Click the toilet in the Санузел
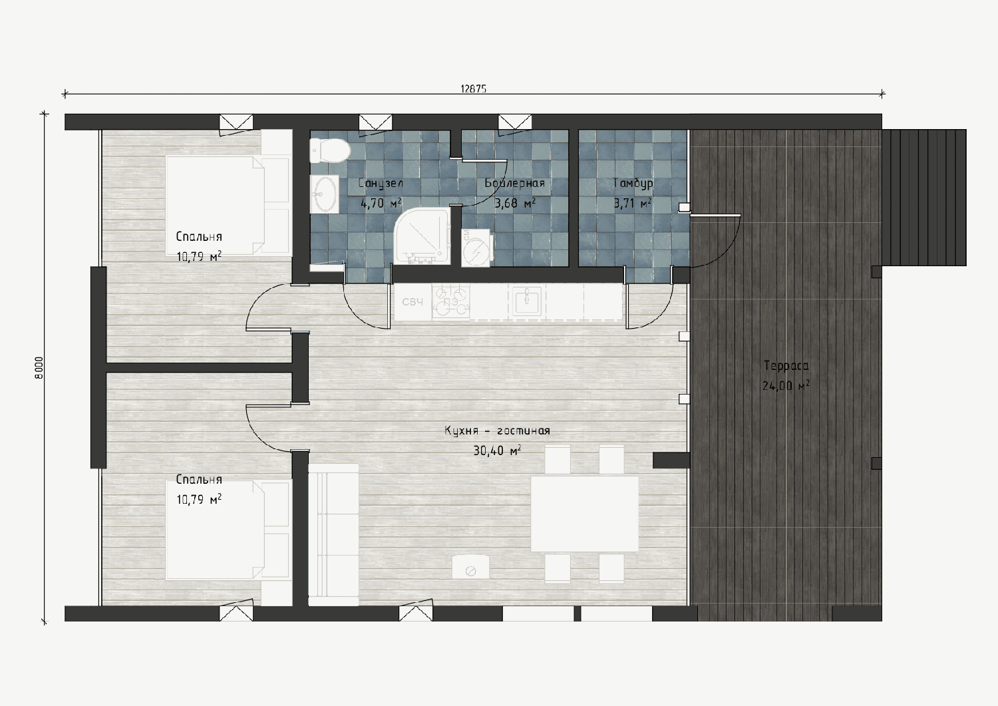click(330, 150)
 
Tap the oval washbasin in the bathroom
click(325, 194)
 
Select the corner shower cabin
click(422, 235)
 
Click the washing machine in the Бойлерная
click(476, 248)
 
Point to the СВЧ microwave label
click(413, 302)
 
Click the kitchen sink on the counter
click(527, 301)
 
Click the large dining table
click(585, 514)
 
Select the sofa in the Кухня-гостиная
click(333, 535)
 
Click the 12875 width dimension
click(473, 88)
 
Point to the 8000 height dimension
click(39, 368)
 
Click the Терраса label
click(786, 366)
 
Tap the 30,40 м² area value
click(497, 451)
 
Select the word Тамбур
click(633, 183)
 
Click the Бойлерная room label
click(515, 183)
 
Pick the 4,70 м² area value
click(381, 204)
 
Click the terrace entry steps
click(924, 198)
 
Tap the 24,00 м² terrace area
click(786, 385)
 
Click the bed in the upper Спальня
click(228, 206)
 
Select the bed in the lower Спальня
click(228, 529)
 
